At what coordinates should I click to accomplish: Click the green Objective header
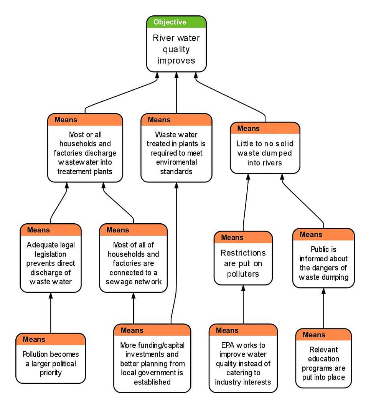pyautogui.click(x=176, y=22)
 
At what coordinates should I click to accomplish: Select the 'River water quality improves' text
pyautogui.click(x=176, y=49)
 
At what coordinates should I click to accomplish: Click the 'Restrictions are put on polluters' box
pyautogui.click(x=243, y=263)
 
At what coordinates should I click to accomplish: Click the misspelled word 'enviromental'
pyautogui.click(x=176, y=162)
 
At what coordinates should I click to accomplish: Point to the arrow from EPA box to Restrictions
pyautogui.click(x=243, y=305)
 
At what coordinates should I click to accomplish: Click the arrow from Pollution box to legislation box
pyautogui.click(x=51, y=313)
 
